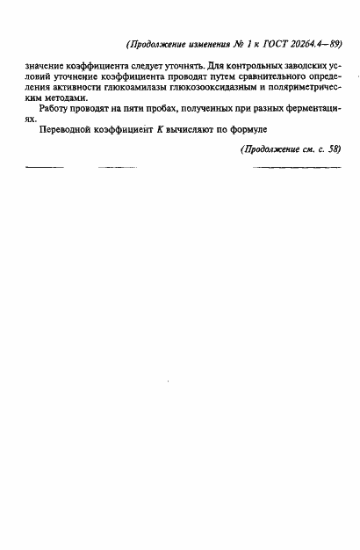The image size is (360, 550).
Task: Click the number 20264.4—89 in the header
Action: pos(311,44)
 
